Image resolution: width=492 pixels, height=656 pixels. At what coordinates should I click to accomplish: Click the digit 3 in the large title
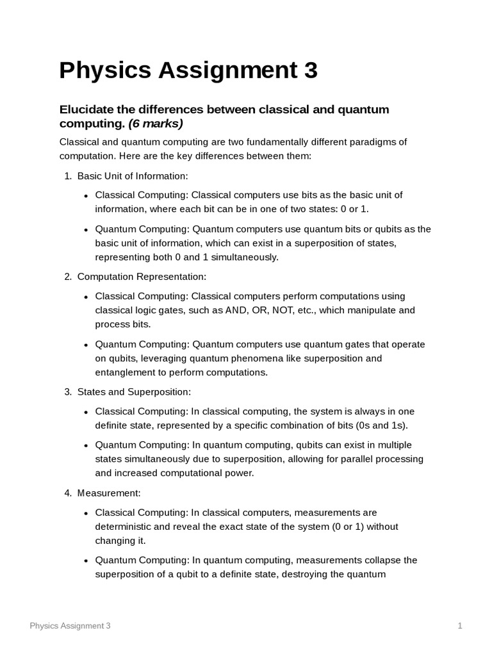(x=310, y=70)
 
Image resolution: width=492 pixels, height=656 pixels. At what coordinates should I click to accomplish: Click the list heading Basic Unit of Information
(x=133, y=176)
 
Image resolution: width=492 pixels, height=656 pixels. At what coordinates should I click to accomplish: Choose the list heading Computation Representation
(x=142, y=277)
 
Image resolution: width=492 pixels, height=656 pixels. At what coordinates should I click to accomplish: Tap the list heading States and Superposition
(x=134, y=391)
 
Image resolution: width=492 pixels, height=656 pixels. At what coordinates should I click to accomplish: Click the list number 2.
(x=67, y=277)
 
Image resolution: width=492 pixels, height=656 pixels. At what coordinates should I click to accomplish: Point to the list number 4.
(x=67, y=493)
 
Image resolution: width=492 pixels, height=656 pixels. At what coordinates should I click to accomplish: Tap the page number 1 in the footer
(x=460, y=626)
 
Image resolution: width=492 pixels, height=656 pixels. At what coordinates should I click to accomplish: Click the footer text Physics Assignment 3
(x=70, y=626)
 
